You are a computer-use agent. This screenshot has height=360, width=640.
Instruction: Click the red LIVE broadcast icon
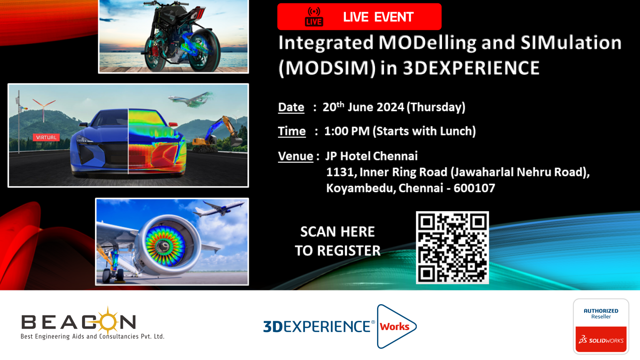314,17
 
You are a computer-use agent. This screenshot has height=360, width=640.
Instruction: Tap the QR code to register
452,247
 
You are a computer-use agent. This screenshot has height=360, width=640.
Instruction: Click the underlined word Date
291,107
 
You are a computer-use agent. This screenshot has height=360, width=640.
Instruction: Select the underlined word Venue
296,156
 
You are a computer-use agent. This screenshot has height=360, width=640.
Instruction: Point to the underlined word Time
292,131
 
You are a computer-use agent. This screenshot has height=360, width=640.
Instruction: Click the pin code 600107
474,188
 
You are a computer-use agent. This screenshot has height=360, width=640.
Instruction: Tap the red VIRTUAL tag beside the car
46,137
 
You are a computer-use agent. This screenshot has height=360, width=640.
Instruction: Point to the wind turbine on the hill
44,109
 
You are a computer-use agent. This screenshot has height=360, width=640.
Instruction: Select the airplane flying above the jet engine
219,208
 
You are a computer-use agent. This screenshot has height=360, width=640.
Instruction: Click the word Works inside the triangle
395,326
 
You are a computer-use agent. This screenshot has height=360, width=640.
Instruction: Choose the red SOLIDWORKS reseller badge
601,339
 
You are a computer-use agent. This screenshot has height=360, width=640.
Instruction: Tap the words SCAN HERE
337,232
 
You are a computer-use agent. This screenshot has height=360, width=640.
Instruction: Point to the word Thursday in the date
435,107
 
